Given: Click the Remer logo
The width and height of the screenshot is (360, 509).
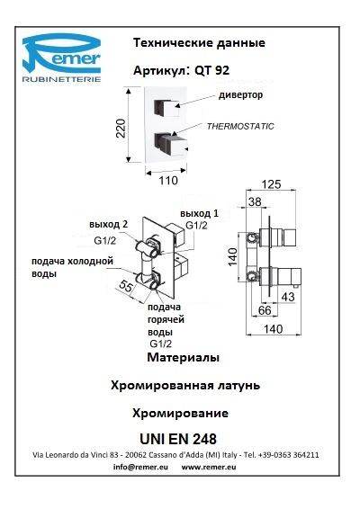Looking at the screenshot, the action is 61,58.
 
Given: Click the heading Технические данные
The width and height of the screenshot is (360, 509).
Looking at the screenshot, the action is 199,43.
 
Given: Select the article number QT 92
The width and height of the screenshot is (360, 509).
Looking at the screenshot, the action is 211,70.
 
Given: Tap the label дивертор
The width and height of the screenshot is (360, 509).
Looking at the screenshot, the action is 240,95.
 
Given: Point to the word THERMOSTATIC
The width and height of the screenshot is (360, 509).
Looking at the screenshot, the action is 240,126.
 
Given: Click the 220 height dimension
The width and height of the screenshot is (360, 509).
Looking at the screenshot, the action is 121,129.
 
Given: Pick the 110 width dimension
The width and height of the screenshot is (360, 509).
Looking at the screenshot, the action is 168,181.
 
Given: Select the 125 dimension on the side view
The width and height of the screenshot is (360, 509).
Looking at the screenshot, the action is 271,184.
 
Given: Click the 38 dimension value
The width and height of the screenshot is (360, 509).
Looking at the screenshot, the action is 255,202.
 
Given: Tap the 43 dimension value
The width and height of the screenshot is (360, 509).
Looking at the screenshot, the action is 288,297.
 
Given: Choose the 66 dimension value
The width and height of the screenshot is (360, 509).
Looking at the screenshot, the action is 265,310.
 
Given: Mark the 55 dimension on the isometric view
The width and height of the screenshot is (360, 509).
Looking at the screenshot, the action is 126,286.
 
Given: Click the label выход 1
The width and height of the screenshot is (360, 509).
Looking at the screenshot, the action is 200,214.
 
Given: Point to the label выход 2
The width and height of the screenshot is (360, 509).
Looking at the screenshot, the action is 109,224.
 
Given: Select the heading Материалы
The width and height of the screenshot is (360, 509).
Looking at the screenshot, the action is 184,357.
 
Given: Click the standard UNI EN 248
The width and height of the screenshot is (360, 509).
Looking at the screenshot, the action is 178,439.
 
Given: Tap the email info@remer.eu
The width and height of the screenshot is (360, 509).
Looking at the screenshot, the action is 140,467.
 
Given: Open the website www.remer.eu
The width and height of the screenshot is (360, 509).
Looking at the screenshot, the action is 209,467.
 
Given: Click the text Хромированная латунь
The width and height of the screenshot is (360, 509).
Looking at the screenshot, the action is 185,386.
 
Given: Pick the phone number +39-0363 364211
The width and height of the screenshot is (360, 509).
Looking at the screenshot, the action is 289,455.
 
